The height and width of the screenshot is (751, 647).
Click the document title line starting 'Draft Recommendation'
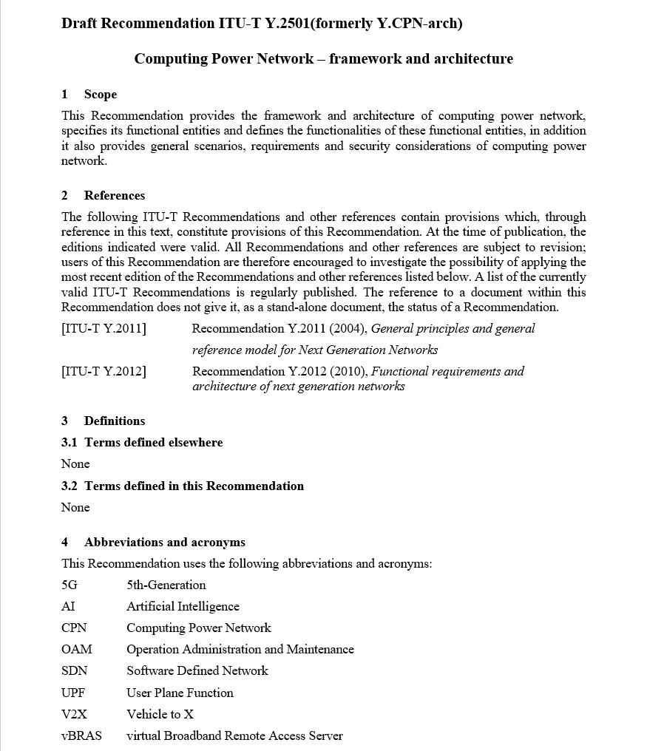(262, 23)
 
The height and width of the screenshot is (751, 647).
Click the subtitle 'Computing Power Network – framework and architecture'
(323, 58)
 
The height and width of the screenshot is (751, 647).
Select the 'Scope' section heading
(100, 94)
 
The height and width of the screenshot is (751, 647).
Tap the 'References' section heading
(114, 195)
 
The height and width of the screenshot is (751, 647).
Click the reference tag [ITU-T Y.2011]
(104, 328)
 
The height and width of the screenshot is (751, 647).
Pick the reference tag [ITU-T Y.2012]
(104, 371)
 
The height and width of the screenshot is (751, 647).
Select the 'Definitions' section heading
(114, 421)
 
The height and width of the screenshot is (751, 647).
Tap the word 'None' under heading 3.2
(75, 507)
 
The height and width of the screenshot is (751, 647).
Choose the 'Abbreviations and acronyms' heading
(164, 542)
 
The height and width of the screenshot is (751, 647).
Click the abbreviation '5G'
(70, 585)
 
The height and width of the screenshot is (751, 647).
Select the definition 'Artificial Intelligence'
(183, 606)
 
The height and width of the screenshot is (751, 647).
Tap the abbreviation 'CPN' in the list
(74, 628)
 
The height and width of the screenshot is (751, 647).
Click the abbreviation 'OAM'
(77, 649)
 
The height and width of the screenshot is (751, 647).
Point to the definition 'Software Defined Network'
(197, 670)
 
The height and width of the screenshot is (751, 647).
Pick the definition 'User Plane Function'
(180, 693)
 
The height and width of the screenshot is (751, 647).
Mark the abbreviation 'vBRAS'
(81, 735)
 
